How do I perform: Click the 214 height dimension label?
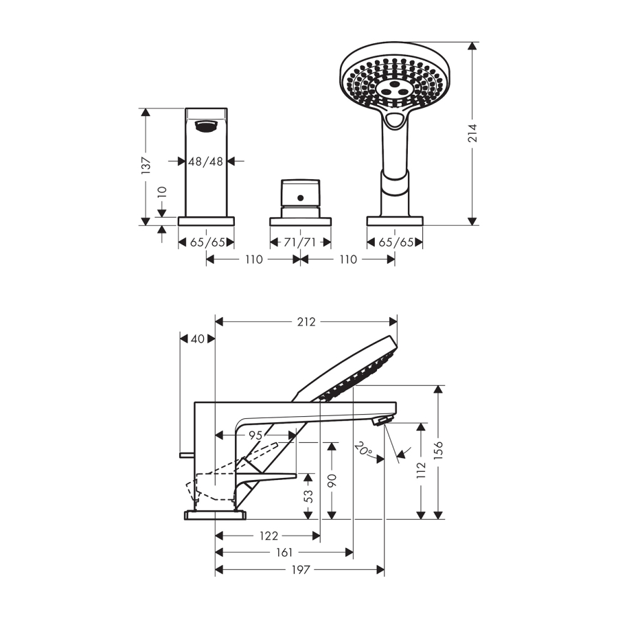click(472, 133)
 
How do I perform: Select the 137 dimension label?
click(146, 165)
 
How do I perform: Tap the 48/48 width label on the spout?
click(206, 161)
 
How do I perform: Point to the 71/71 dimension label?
click(300, 242)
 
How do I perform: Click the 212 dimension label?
click(306, 322)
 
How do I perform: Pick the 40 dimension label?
click(198, 339)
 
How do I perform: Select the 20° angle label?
click(363, 450)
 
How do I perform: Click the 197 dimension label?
click(301, 569)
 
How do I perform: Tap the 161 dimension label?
click(284, 553)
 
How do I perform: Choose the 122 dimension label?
click(268, 536)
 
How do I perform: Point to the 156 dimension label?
click(438, 450)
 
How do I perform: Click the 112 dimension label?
click(421, 470)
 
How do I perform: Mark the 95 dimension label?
click(255, 435)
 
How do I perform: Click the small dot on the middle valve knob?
click(300, 198)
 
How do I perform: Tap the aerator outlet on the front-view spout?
click(206, 126)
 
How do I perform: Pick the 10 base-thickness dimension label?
click(162, 192)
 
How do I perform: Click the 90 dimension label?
click(332, 480)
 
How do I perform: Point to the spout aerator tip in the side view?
click(383, 420)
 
